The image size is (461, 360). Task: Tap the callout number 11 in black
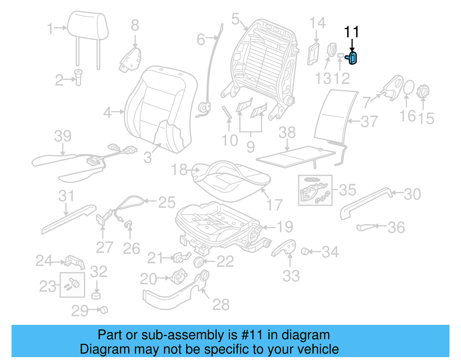pos(352,32)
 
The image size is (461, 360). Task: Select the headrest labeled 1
pos(88,26)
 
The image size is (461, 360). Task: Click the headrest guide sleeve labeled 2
pos(78,77)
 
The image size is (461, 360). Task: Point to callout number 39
pos(63,136)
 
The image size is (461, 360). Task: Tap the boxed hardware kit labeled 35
pos(315,190)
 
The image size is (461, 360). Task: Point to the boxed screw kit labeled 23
pos(72,285)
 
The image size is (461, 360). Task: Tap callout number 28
pos(221,304)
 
